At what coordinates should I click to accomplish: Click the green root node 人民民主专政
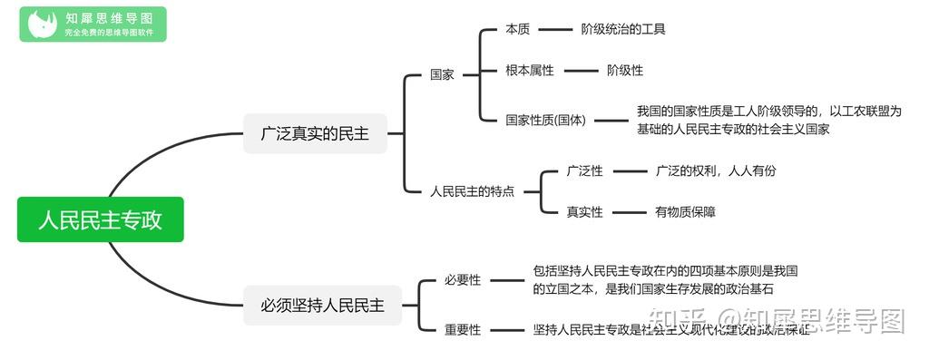click(100, 220)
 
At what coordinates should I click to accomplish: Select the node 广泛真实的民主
click(315, 133)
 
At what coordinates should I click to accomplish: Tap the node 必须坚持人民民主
click(316, 306)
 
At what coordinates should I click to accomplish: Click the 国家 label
click(442, 74)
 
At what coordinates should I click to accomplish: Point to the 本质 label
click(517, 29)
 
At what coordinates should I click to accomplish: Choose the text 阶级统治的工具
click(623, 29)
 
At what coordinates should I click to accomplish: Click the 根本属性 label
click(530, 70)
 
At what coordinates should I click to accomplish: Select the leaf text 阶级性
click(625, 70)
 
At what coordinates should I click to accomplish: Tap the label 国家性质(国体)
click(546, 120)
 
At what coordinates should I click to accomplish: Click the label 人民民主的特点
click(472, 191)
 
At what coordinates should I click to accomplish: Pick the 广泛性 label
click(584, 170)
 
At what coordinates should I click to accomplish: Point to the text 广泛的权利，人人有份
click(716, 170)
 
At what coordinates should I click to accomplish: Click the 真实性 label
click(584, 212)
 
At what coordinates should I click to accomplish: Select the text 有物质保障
click(686, 212)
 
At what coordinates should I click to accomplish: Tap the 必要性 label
click(463, 280)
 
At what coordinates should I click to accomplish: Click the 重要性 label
click(463, 330)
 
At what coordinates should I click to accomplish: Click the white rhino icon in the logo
click(41, 24)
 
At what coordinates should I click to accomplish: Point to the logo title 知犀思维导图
click(109, 17)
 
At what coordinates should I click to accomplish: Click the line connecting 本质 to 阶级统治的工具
click(552, 29)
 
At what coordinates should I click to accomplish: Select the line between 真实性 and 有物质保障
click(626, 212)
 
